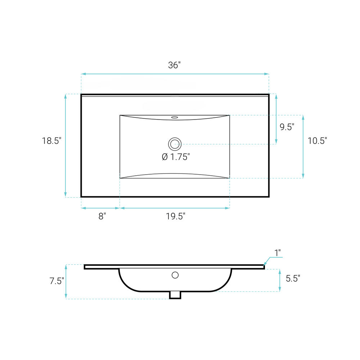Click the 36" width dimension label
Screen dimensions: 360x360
pyautogui.click(x=174, y=65)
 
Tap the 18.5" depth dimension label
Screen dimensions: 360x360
pyautogui.click(x=51, y=141)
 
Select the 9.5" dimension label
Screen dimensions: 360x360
pyautogui.click(x=287, y=127)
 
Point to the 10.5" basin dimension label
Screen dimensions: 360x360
pyautogui.click(x=317, y=141)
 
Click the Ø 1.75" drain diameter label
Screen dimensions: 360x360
pyautogui.click(x=176, y=157)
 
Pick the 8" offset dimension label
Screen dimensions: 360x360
pyautogui.click(x=102, y=216)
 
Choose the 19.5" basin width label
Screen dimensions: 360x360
pyautogui.click(x=175, y=216)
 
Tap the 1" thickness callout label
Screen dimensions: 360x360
pyautogui.click(x=278, y=253)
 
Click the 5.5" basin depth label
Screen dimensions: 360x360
pyautogui.click(x=293, y=279)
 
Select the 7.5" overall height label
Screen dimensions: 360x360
pyautogui.click(x=57, y=281)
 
